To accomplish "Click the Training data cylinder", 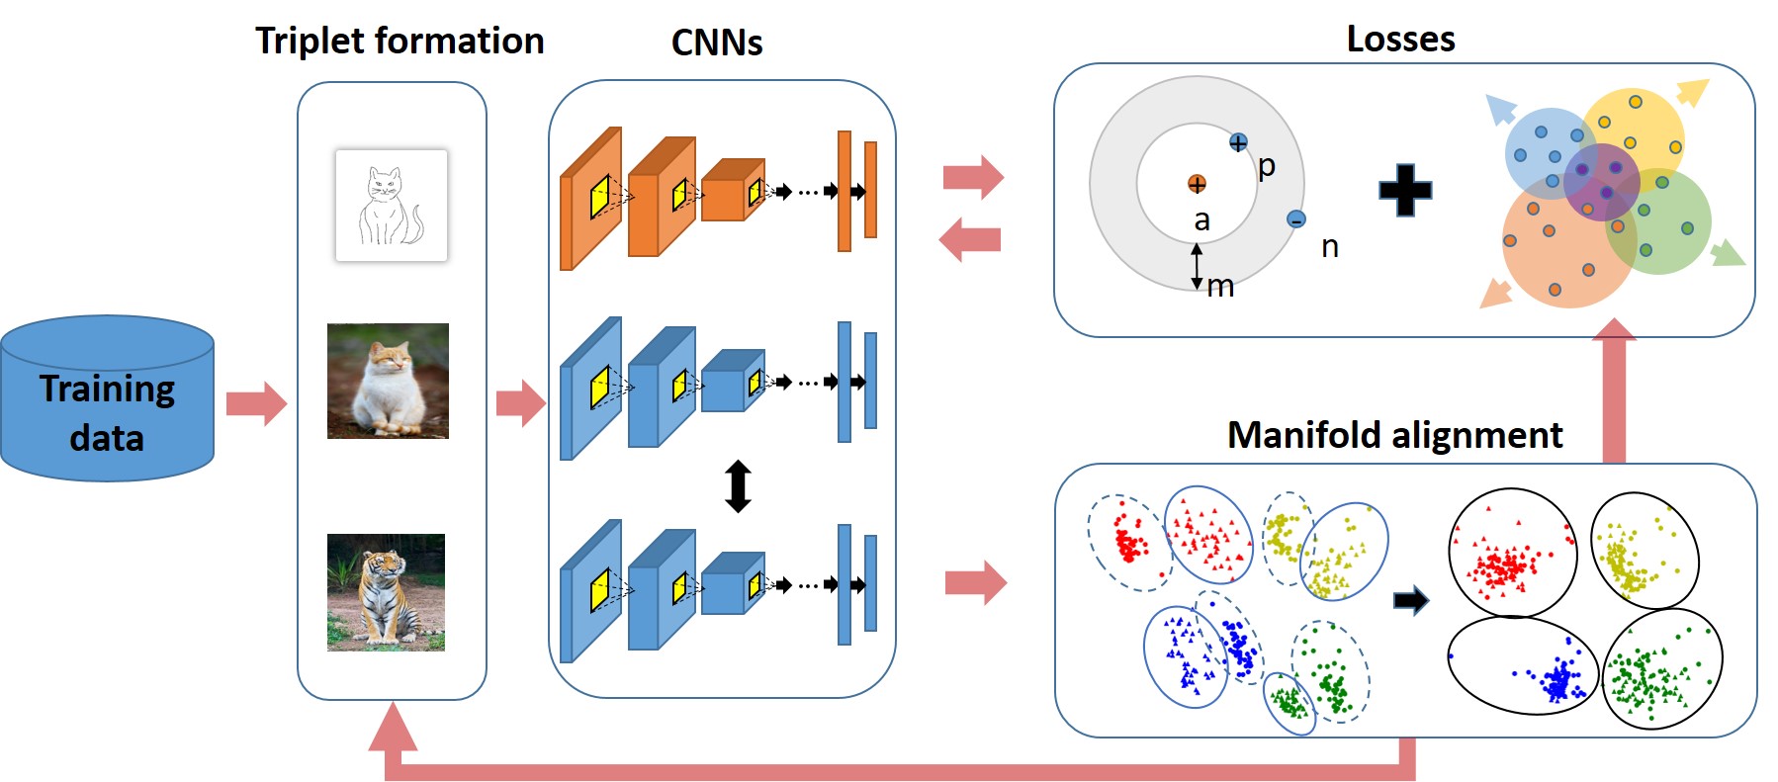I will pos(107,400).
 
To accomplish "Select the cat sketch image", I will pos(392,206).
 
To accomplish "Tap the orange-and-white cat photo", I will pos(388,381).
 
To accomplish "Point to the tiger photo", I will pos(386,592).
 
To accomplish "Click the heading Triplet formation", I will pos(400,42).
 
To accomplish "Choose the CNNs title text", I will pos(717,43).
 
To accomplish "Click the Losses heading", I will pos(1400,40).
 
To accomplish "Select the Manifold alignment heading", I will pos(1394,435).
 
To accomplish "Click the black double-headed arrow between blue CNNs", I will pos(738,485).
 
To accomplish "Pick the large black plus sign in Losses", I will pos(1405,190).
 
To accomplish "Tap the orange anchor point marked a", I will pos(1197,184).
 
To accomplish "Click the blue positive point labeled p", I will pos(1238,143).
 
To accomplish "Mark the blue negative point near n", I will pos(1296,219).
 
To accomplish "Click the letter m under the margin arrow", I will pos(1221,287).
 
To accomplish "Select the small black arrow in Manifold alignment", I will pos(1410,600).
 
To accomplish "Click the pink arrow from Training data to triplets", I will pos(256,403).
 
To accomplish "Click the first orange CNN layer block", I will pos(590,198).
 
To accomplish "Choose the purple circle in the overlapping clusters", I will pos(1601,181).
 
